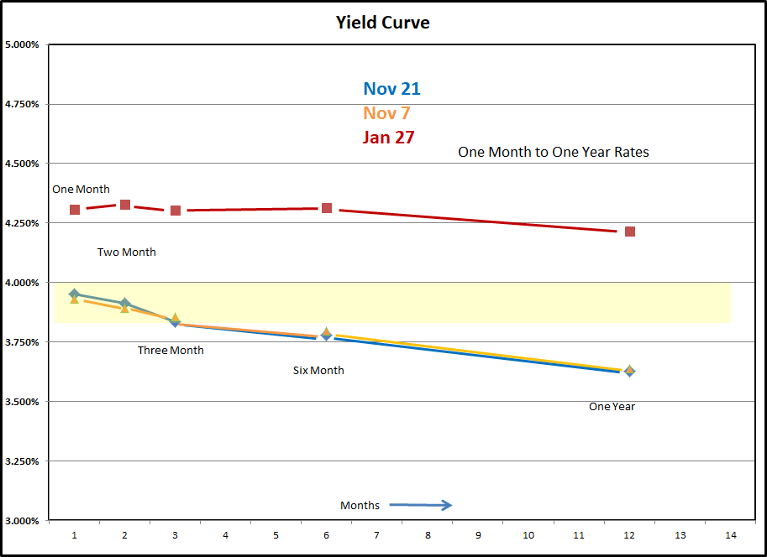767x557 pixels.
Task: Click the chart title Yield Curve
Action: pos(382,23)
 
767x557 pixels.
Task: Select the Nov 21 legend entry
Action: pos(391,89)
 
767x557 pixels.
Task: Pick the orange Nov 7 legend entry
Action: pos(386,113)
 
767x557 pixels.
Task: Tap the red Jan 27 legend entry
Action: pos(388,138)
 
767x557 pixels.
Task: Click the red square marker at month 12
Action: pos(629,232)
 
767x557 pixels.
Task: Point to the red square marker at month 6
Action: pos(326,208)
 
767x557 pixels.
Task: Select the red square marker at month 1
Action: pos(75,209)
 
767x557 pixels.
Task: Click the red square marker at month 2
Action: pos(125,205)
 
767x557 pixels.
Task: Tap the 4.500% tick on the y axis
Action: pos(23,164)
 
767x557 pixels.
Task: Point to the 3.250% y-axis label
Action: pos(23,461)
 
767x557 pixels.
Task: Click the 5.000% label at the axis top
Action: pos(23,44)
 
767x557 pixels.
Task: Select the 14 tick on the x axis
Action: pos(730,535)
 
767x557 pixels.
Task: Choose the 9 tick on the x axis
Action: pos(478,535)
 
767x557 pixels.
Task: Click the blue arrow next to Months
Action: pos(421,505)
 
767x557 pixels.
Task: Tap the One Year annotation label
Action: pos(612,407)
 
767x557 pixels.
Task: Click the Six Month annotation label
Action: pos(318,371)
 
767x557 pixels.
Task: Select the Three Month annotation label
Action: pos(171,351)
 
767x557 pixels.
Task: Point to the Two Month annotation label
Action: pos(126,252)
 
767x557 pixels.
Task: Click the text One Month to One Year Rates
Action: pos(553,153)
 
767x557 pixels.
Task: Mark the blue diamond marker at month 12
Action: pos(629,371)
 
